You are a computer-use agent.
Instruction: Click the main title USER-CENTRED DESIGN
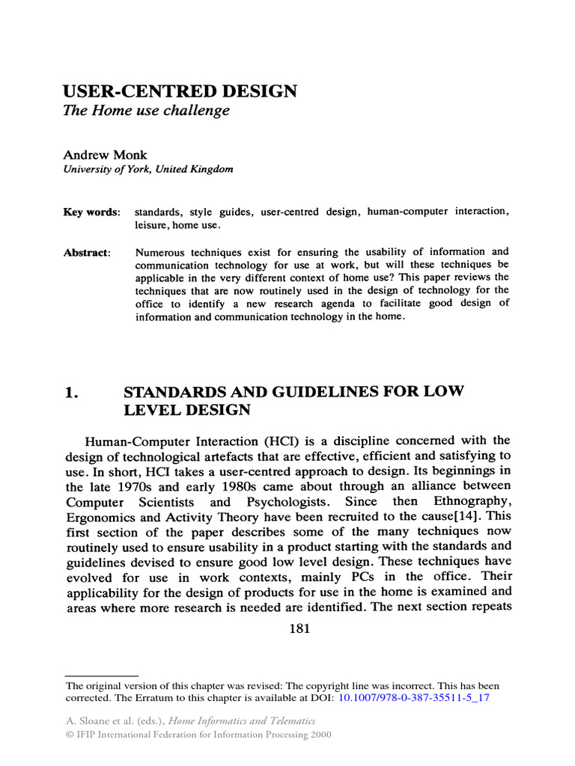180,91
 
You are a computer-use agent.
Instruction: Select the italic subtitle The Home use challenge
146,111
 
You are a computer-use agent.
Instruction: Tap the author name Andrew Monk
105,155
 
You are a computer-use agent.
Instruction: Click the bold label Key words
91,212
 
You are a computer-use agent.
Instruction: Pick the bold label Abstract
87,253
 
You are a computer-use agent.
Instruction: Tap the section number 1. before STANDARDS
71,392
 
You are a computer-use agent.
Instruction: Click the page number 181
299,628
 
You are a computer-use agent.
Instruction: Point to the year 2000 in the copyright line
317,735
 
